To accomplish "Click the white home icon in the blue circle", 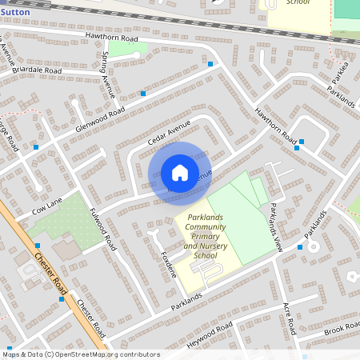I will click(179, 173).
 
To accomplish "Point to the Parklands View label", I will click(276, 228).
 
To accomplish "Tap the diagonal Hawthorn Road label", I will click(276, 125).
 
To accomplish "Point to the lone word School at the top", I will click(298, 3).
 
